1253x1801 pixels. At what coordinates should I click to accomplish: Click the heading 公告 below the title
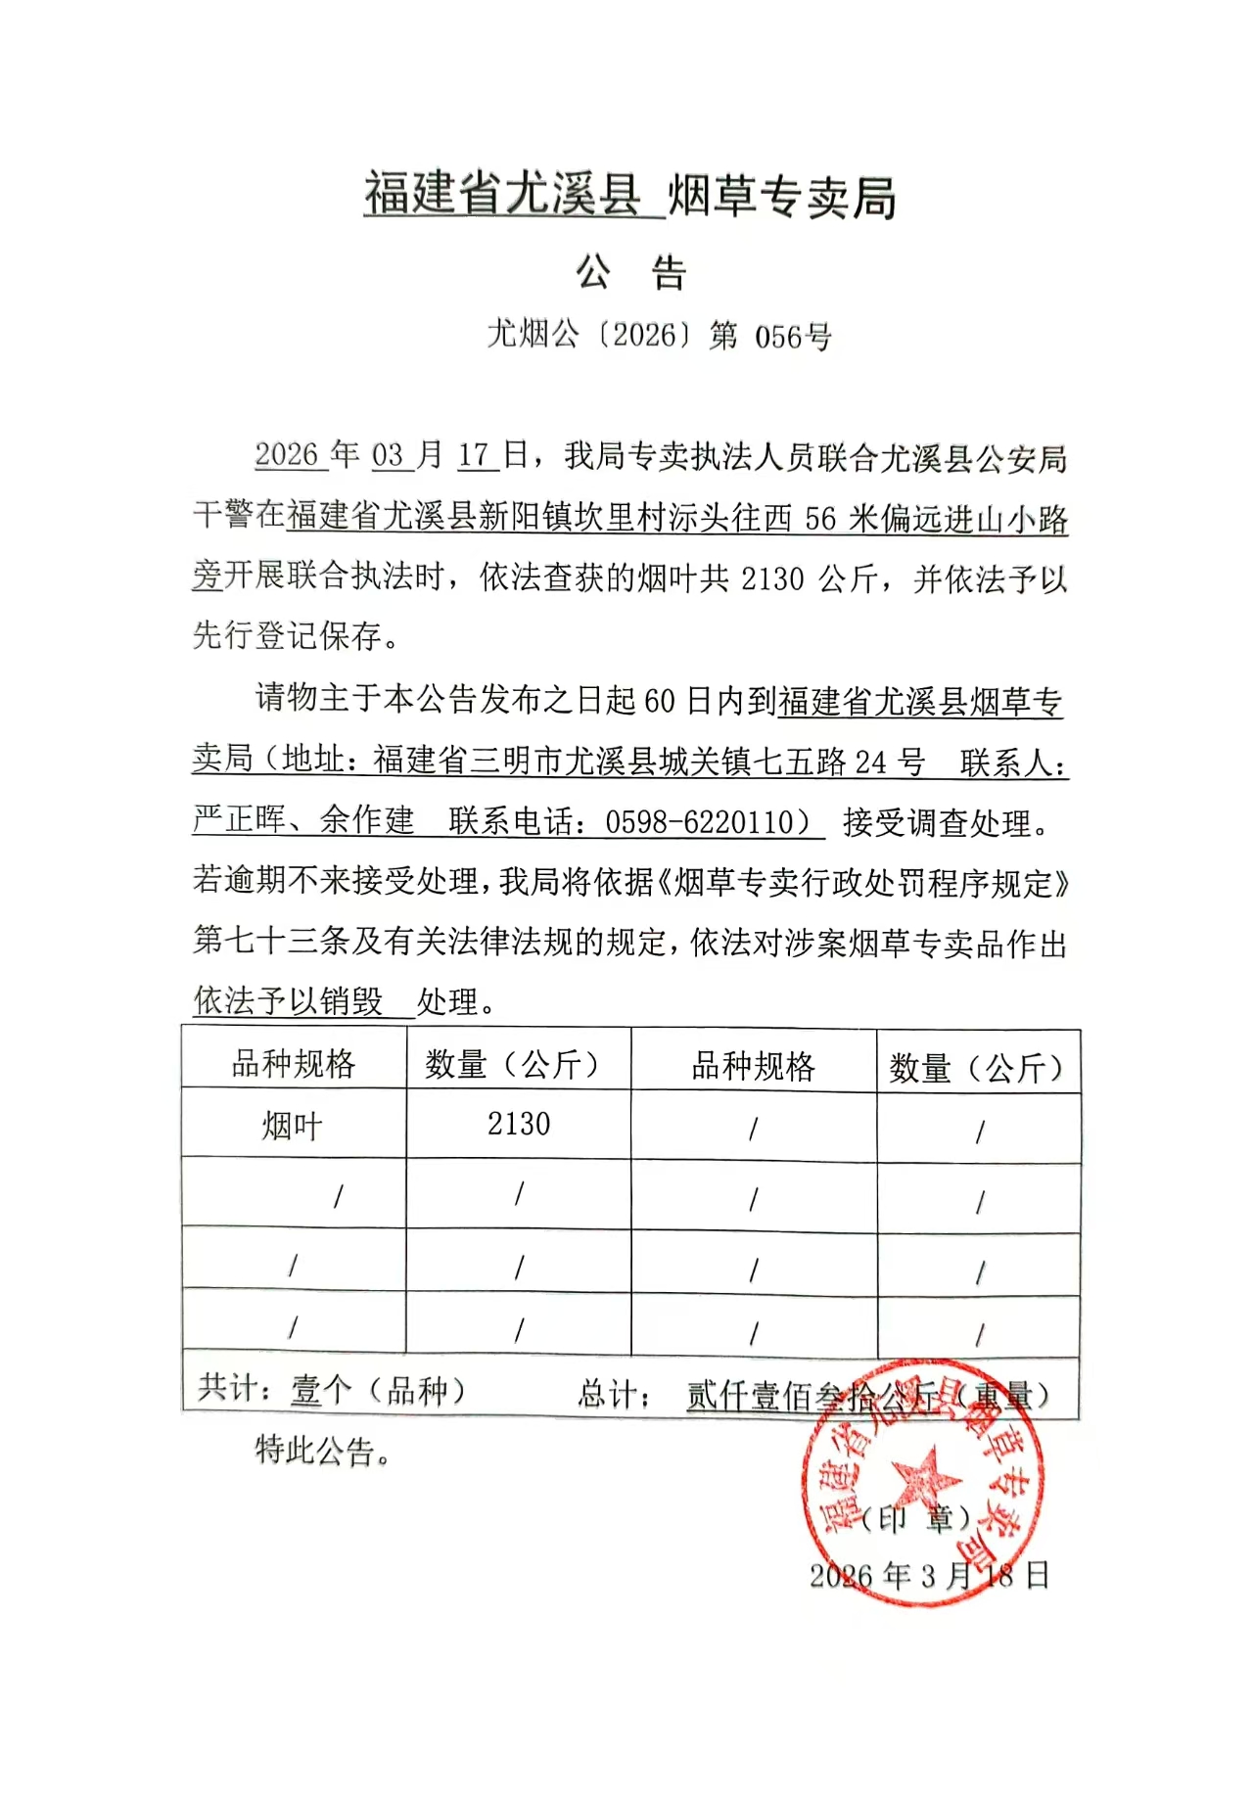pyautogui.click(x=631, y=272)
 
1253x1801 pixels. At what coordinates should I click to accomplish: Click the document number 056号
pyautogui.click(x=792, y=337)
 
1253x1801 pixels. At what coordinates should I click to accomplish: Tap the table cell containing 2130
pyautogui.click(x=519, y=1124)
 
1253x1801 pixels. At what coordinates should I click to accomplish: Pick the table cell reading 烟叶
pyautogui.click(x=292, y=1126)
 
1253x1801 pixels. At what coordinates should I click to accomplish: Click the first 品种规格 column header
pyautogui.click(x=294, y=1063)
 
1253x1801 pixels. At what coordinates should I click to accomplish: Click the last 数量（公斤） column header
pyautogui.click(x=976, y=1067)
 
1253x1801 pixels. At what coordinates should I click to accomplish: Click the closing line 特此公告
pyautogui.click(x=323, y=1450)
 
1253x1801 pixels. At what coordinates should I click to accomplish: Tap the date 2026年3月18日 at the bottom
pyautogui.click(x=929, y=1575)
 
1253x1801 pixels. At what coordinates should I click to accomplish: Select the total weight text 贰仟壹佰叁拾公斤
pyautogui.click(x=812, y=1395)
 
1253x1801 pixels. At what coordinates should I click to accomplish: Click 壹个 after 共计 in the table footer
pyautogui.click(x=320, y=1389)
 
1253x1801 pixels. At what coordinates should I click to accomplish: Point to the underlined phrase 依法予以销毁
pyautogui.click(x=288, y=1000)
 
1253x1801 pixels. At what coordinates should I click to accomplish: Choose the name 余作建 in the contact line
pyautogui.click(x=367, y=820)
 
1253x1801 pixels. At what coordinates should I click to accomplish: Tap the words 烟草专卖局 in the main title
pyautogui.click(x=781, y=197)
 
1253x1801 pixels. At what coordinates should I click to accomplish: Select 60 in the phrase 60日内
pyautogui.click(x=660, y=701)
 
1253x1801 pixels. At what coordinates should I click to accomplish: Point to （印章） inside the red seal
pyautogui.click(x=916, y=1518)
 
